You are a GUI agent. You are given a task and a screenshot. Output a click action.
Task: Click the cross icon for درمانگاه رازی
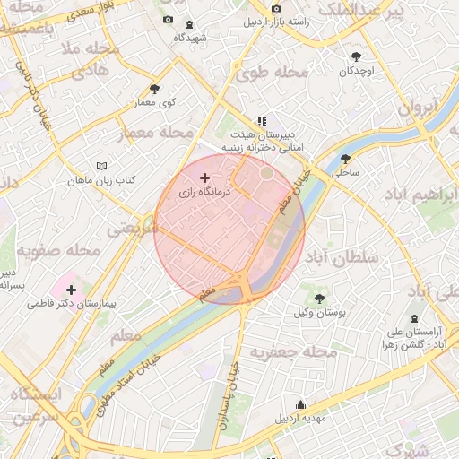[x=206, y=179]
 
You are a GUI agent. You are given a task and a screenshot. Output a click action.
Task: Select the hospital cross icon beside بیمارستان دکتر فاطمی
[x=71, y=290]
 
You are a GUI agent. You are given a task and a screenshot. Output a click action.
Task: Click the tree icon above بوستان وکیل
[x=320, y=298]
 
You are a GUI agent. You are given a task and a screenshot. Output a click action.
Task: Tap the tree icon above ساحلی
[x=345, y=159]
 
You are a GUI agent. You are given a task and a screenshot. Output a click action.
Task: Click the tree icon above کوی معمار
[x=155, y=88]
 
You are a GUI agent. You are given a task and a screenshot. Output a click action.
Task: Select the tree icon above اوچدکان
[x=358, y=55]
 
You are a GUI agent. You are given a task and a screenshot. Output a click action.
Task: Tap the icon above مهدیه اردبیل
[x=300, y=403]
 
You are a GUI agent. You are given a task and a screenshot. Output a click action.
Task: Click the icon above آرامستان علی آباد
[x=413, y=318]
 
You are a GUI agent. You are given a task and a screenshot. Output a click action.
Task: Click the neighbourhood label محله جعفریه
[x=292, y=351]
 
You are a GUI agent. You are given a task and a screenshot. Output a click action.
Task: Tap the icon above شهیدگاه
[x=188, y=24]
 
